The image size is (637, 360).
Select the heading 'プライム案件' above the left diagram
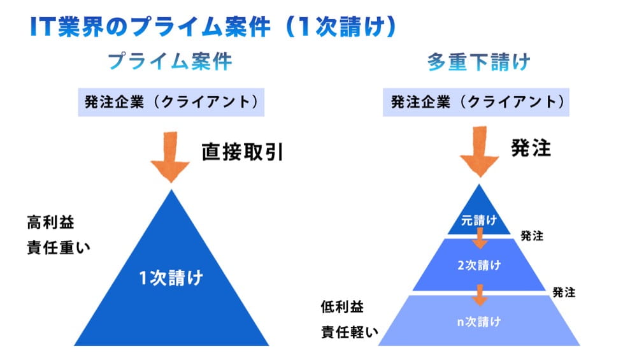[x=169, y=62]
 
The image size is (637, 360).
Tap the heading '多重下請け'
[x=478, y=62]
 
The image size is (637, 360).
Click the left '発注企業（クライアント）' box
[x=171, y=102]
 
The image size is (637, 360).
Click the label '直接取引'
[x=242, y=153]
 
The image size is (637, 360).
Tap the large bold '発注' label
[x=531, y=148]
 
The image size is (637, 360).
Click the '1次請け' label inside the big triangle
[x=171, y=278]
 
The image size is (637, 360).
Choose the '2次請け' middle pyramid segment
[x=479, y=265]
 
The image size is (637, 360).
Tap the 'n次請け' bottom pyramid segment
[x=479, y=322]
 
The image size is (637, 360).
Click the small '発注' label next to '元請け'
[x=532, y=236]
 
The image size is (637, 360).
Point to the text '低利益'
[x=342, y=307]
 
